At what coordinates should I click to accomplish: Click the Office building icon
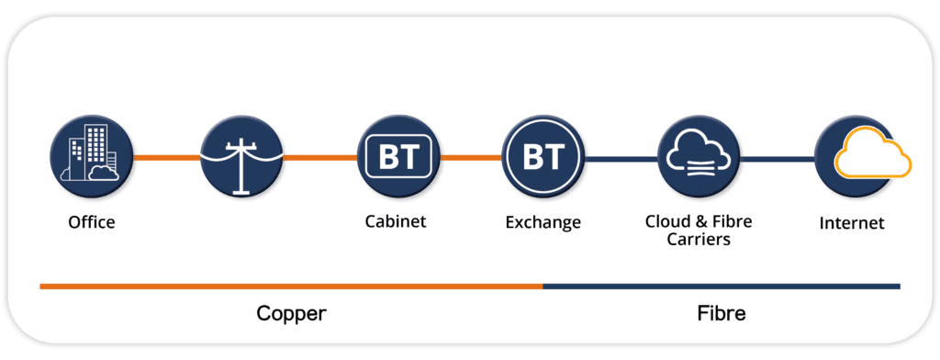coord(91,157)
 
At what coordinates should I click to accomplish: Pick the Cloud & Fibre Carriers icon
coord(699,157)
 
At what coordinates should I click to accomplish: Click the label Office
coord(91,222)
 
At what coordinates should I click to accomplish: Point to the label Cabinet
coord(396,221)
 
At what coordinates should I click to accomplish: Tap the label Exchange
coord(543,222)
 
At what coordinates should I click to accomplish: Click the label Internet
coord(854,222)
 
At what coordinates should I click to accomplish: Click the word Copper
coord(291,313)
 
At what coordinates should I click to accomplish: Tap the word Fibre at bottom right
coord(722,313)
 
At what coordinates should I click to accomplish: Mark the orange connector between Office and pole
coord(166,158)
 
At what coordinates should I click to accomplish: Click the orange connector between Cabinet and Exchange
coord(471,158)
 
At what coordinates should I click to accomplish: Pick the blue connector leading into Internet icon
coord(778,158)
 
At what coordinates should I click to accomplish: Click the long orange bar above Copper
coord(291,286)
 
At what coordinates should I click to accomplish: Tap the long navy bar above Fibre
coord(722,286)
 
